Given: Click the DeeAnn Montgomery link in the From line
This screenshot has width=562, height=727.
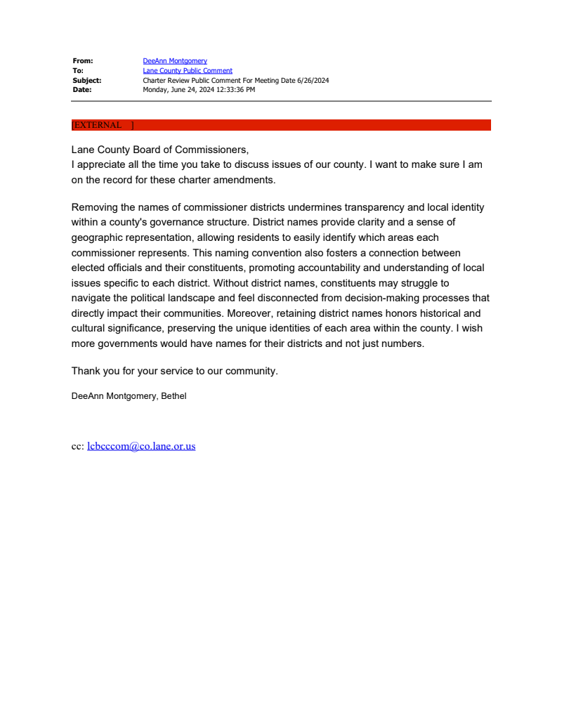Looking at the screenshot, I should tap(175, 61).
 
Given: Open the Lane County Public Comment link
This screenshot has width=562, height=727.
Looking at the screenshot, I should tap(188, 71).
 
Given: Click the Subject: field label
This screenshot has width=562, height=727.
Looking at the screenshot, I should tap(87, 81).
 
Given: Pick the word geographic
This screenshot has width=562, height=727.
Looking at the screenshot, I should tap(98, 238).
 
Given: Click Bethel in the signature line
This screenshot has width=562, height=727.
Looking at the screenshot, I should tap(174, 396).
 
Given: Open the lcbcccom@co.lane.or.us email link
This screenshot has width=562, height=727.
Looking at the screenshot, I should tap(141, 446).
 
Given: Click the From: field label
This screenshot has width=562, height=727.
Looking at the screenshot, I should tap(83, 61).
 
